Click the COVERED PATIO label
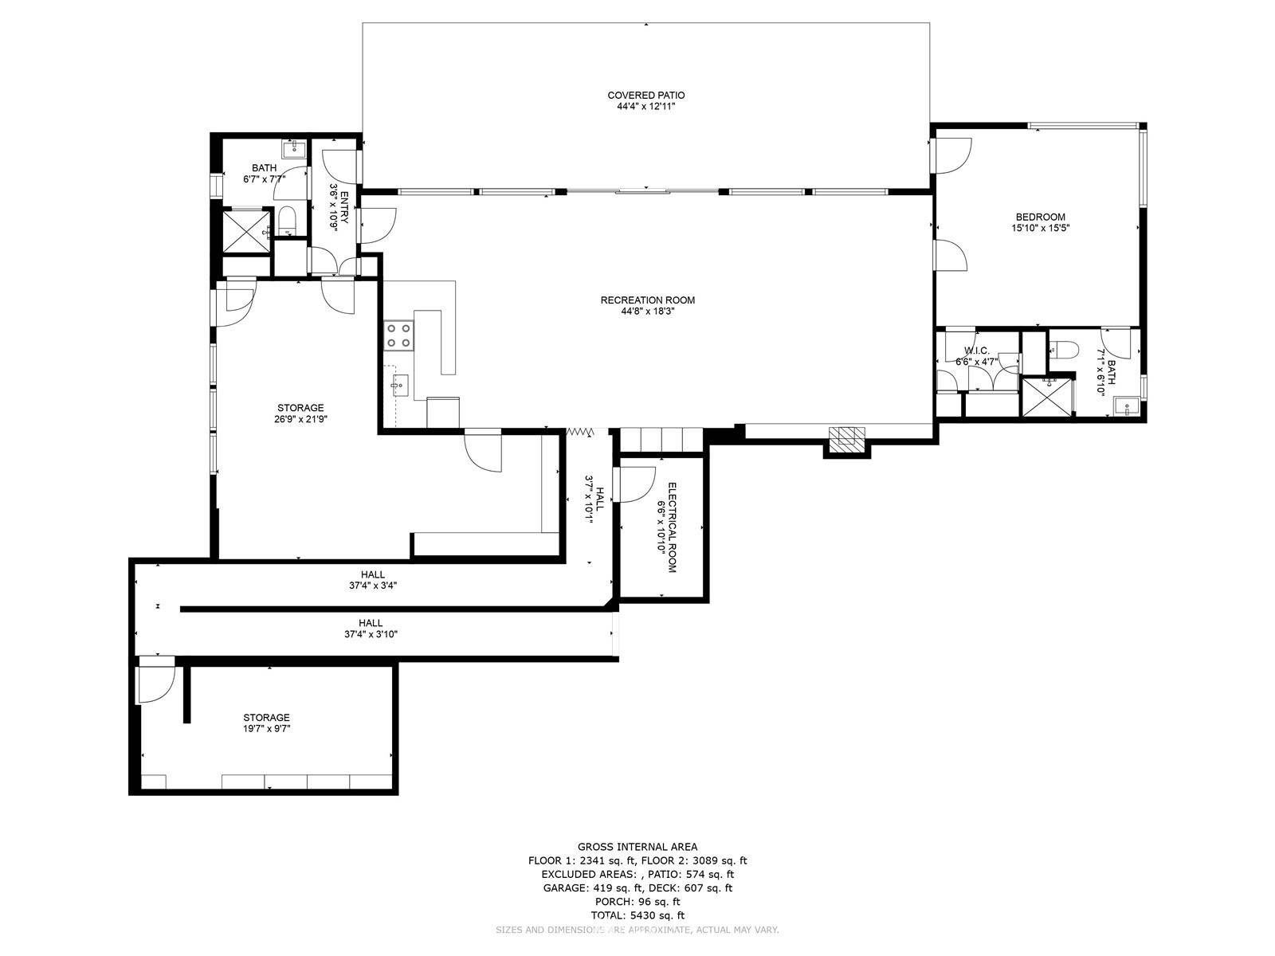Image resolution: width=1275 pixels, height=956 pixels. click(645, 96)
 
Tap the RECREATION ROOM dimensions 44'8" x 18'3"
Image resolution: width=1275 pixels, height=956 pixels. click(647, 311)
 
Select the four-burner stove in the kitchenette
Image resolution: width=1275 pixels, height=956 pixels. click(398, 335)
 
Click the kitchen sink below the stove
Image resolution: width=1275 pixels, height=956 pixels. click(400, 386)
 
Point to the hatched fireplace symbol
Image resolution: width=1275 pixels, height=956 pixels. click(846, 440)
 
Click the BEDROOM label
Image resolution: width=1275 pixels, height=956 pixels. click(1040, 217)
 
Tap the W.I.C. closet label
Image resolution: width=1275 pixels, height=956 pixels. click(976, 351)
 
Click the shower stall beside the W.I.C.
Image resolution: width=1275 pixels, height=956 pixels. click(1046, 396)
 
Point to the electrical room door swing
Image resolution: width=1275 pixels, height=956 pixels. click(635, 483)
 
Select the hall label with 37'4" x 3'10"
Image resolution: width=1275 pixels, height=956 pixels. click(370, 623)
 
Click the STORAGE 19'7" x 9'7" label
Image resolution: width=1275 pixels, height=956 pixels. click(266, 718)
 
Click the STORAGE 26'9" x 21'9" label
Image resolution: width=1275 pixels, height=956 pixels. click(300, 408)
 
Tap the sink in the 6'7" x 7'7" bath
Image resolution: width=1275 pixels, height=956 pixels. click(292, 148)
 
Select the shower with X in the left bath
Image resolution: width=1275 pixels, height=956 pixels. click(246, 231)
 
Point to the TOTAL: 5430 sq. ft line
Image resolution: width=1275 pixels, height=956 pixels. click(637, 915)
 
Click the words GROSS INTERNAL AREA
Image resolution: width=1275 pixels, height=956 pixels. click(637, 847)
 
